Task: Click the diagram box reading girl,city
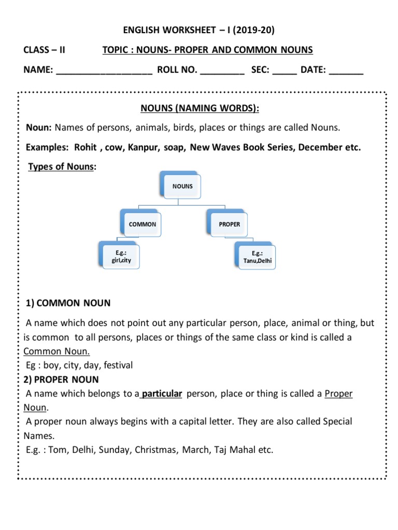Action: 119,257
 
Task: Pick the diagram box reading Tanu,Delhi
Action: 255,257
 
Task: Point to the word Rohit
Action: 86,148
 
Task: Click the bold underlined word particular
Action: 162,394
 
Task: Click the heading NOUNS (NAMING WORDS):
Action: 200,108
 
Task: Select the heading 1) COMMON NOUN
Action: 68,303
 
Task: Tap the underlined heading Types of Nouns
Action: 61,166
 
